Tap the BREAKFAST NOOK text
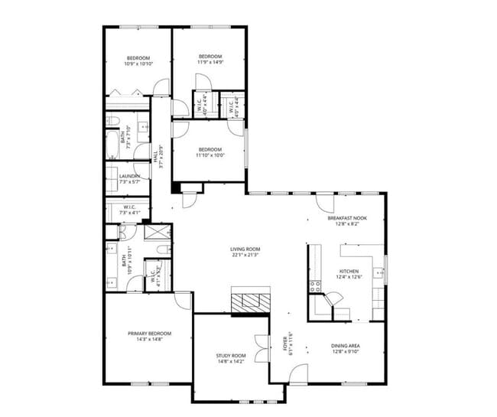[347, 218]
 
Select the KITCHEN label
[348, 272]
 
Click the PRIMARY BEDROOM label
[149, 334]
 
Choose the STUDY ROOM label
[229, 356]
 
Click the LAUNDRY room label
[128, 177]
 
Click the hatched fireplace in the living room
[251, 301]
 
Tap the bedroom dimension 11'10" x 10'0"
[209, 155]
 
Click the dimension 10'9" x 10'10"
[138, 64]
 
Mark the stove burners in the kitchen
[314, 287]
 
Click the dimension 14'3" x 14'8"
[149, 340]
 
